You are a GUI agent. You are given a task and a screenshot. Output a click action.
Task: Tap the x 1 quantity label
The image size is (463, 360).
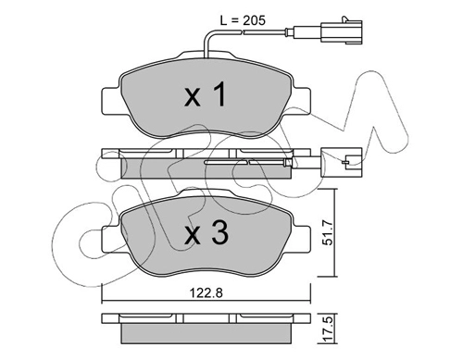coord(206,95)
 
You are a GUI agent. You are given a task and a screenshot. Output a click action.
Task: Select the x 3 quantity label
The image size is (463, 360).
coord(206,233)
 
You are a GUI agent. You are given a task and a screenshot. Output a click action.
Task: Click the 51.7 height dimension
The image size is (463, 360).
coord(329,232)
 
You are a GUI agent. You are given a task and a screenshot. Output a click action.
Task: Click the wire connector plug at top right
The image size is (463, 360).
coord(342,31)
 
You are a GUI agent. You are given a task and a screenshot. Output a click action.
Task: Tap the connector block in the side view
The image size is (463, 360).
coord(342,162)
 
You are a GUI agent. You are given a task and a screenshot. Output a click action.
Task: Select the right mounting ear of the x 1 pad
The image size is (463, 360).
coord(301,101)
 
